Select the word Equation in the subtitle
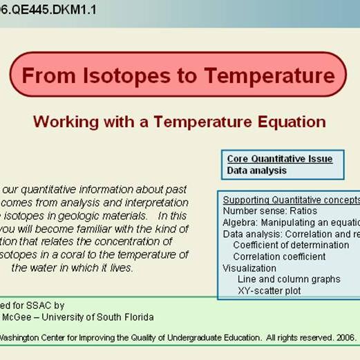click(x=292, y=122)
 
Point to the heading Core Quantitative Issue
click(x=280, y=159)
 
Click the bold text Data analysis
click(x=256, y=170)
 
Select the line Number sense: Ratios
click(x=270, y=211)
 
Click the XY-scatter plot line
click(x=269, y=291)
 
